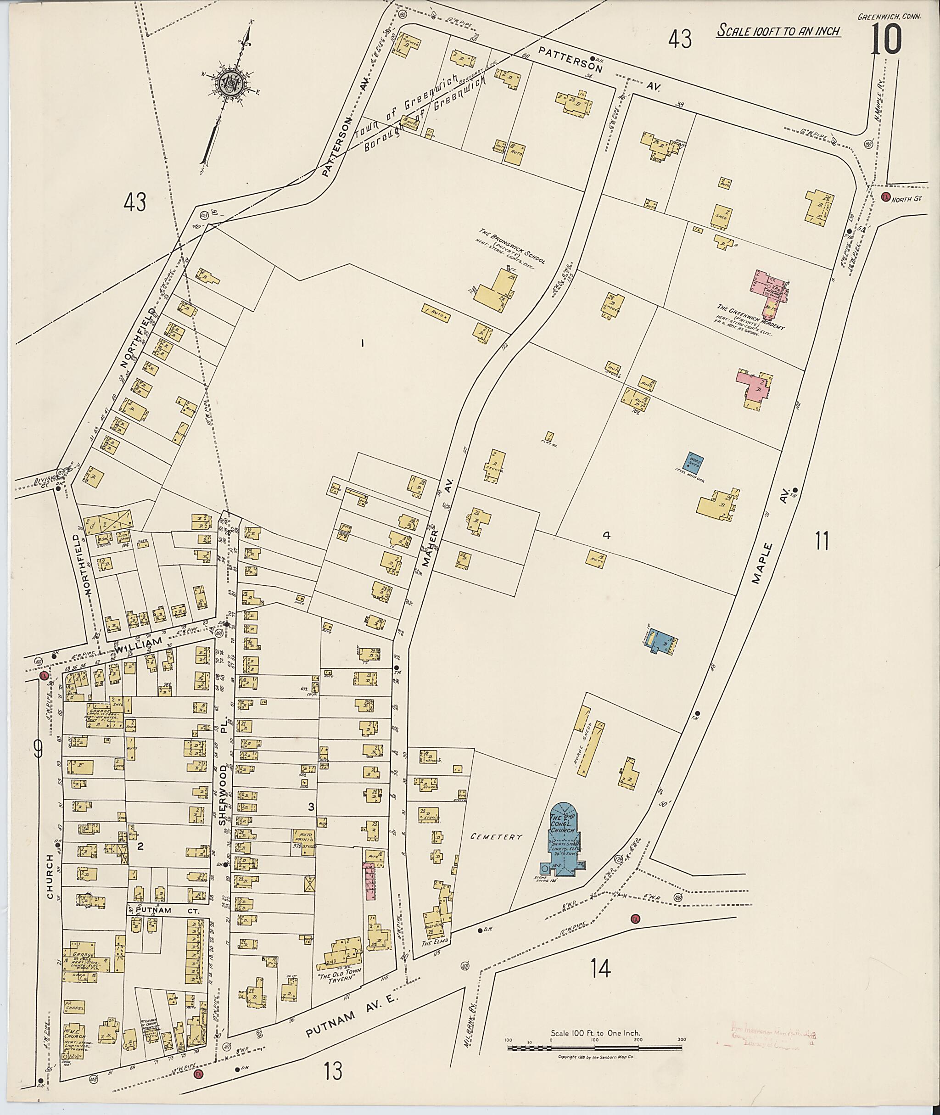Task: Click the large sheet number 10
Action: [x=886, y=40]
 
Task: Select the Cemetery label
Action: [x=496, y=837]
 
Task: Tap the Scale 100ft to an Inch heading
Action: [x=778, y=30]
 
